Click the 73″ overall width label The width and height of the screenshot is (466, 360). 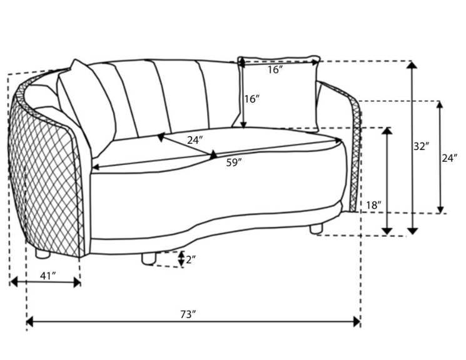coord(188,314)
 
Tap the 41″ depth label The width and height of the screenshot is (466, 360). coord(48,276)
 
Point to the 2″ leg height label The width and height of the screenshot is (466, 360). coord(191,259)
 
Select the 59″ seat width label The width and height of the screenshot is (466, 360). coord(234,162)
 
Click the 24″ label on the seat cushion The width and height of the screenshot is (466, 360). coord(195,140)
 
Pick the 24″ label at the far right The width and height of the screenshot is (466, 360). coord(449,158)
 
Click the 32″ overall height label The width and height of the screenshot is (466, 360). coord(422,146)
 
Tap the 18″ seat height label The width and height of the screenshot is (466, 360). coord(373,205)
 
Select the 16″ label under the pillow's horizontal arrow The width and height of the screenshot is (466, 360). coord(275,70)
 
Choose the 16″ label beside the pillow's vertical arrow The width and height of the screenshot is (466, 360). coord(252,99)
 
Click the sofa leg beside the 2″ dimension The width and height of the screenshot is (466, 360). coord(149,258)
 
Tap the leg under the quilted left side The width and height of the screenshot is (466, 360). coord(42,252)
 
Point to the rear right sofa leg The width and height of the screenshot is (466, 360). coord(317,229)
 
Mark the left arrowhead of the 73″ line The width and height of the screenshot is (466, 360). coord(29,321)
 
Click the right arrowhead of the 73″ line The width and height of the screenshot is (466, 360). coord(357,321)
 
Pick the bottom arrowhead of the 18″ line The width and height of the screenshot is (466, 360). coord(387,231)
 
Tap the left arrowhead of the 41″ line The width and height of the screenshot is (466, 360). coord(14,282)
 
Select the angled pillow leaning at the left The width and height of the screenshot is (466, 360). coord(86,107)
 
